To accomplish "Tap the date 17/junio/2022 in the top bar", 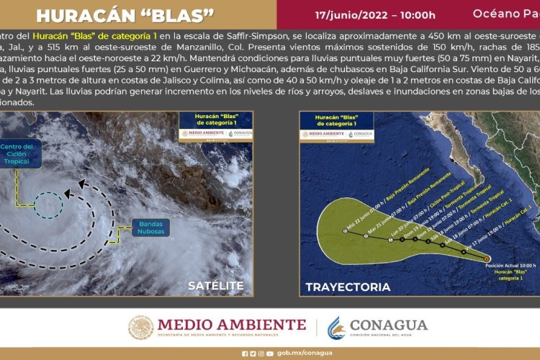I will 374,14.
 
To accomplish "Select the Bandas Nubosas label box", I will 150,227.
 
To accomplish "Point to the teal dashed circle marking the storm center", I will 50,205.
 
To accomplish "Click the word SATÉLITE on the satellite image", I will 215,286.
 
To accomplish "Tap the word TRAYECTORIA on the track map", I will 348,287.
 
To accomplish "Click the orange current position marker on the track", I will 487,258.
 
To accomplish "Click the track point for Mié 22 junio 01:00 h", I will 347,232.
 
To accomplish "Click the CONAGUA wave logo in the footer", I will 336,328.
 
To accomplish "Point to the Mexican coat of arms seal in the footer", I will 141,328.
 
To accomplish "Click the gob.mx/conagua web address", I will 304,354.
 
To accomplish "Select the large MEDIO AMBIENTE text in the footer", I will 231,324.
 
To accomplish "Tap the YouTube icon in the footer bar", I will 269,354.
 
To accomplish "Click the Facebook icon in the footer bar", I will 244,354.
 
